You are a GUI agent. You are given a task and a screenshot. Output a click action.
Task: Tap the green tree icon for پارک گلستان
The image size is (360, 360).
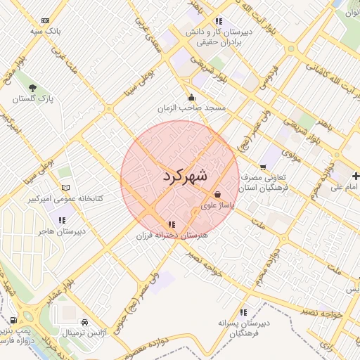[x=33, y=88]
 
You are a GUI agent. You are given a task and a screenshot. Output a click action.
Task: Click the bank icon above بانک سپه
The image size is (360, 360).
[x=46, y=21]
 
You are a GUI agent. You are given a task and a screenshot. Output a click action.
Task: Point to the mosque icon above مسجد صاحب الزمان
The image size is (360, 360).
[x=191, y=98]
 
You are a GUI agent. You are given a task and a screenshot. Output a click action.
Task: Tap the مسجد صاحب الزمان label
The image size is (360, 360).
[x=192, y=109]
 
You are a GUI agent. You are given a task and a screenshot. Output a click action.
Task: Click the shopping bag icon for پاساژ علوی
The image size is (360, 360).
[x=217, y=194]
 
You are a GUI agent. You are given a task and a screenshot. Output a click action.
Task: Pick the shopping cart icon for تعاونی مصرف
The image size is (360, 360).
[x=263, y=167]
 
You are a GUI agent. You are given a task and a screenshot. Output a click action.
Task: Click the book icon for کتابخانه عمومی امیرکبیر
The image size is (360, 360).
[x=66, y=188]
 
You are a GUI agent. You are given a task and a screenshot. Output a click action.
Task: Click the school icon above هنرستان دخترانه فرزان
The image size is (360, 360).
[x=172, y=225]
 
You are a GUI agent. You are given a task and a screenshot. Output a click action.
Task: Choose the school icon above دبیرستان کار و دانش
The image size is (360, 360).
[x=219, y=21]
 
